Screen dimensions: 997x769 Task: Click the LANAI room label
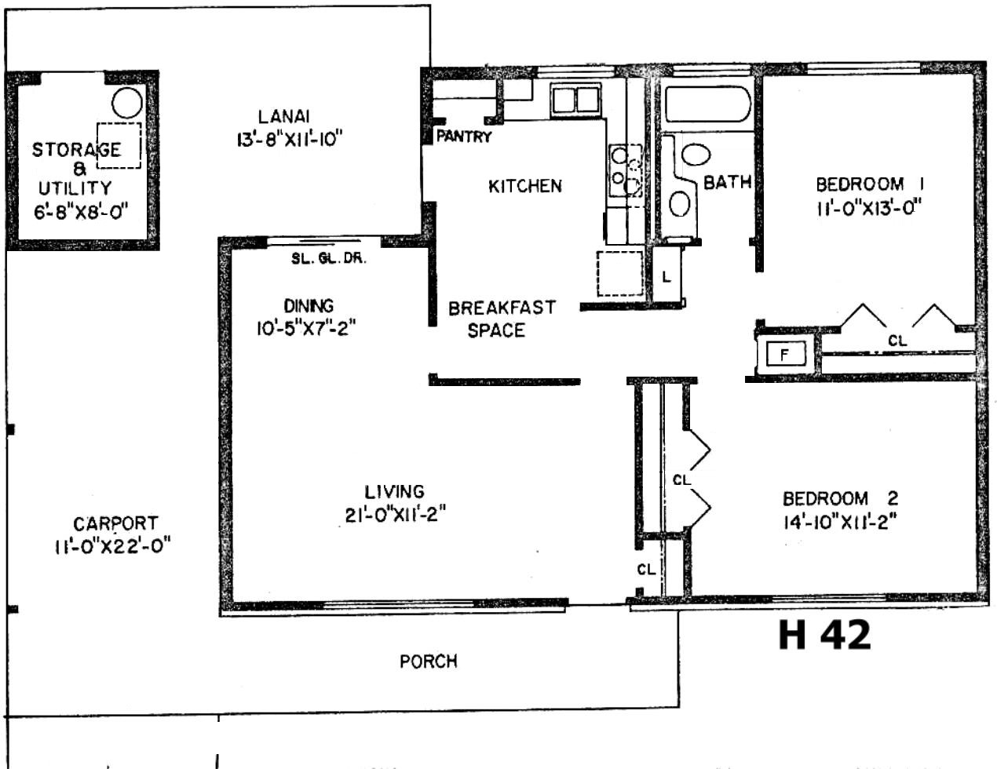coord(283,116)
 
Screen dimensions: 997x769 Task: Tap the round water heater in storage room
coord(127,103)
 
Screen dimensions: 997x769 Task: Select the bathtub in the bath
coord(707,104)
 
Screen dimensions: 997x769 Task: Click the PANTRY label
coord(463,137)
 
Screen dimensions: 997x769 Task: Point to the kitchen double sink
coord(575,99)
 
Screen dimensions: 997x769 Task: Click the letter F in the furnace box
coord(784,354)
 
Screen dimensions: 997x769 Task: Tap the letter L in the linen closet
coord(666,276)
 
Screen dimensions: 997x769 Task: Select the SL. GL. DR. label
coord(329,259)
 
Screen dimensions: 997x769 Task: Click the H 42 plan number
coord(824,635)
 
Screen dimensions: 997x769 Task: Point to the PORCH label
coord(429,661)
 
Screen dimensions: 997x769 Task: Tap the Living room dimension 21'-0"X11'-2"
coord(395,515)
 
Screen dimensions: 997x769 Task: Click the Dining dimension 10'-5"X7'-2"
coord(306,328)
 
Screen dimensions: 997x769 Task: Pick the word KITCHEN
coord(525,186)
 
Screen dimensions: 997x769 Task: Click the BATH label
coord(727,183)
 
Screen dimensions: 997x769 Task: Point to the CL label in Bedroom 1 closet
coord(897,341)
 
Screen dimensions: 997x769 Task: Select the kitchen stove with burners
coord(625,169)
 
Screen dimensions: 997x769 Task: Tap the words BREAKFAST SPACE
coord(502,319)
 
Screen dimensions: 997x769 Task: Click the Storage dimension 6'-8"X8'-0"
coord(81,212)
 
